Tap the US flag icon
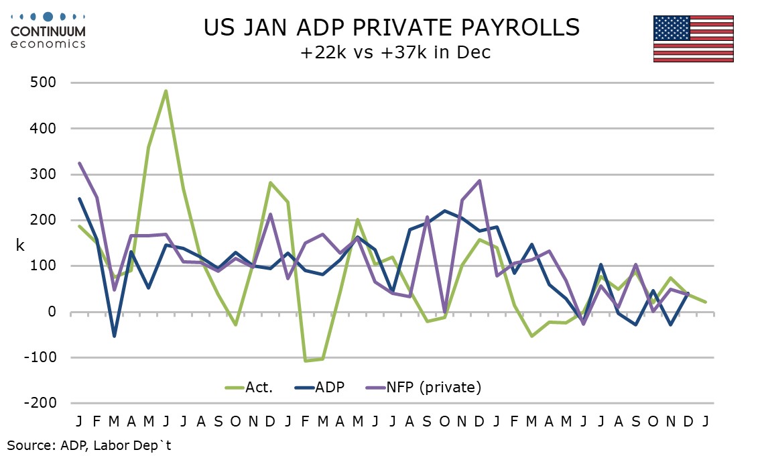(694, 38)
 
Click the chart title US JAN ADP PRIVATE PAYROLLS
(391, 27)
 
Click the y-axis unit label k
(20, 245)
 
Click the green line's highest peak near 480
(166, 91)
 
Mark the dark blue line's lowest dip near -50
(114, 336)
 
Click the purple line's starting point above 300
(80, 163)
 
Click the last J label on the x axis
(705, 421)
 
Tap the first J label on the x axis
(80, 421)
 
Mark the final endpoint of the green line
(706, 302)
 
